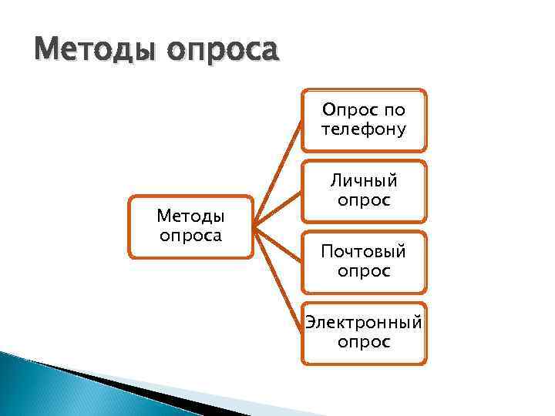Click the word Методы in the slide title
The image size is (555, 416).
coord(86,50)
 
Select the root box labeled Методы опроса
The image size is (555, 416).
coord(190,225)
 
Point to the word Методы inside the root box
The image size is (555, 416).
coord(190,215)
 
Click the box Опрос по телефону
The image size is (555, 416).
coord(363,119)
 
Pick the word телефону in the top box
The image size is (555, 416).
coord(363,129)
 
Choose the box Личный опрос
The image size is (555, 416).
coord(363,190)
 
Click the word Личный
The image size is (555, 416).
coord(363,180)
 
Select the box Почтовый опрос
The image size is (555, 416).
coord(363,262)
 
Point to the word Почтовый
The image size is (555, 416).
coord(363,252)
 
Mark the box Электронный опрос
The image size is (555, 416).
coord(363,332)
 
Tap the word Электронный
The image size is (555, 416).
coord(363,322)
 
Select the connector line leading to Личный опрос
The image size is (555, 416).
coord(278,209)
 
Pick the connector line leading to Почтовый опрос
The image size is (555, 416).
coord(278,245)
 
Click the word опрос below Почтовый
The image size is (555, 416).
coord(363,271)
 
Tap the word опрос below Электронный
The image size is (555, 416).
coord(363,341)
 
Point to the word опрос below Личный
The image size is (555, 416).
coord(363,200)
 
